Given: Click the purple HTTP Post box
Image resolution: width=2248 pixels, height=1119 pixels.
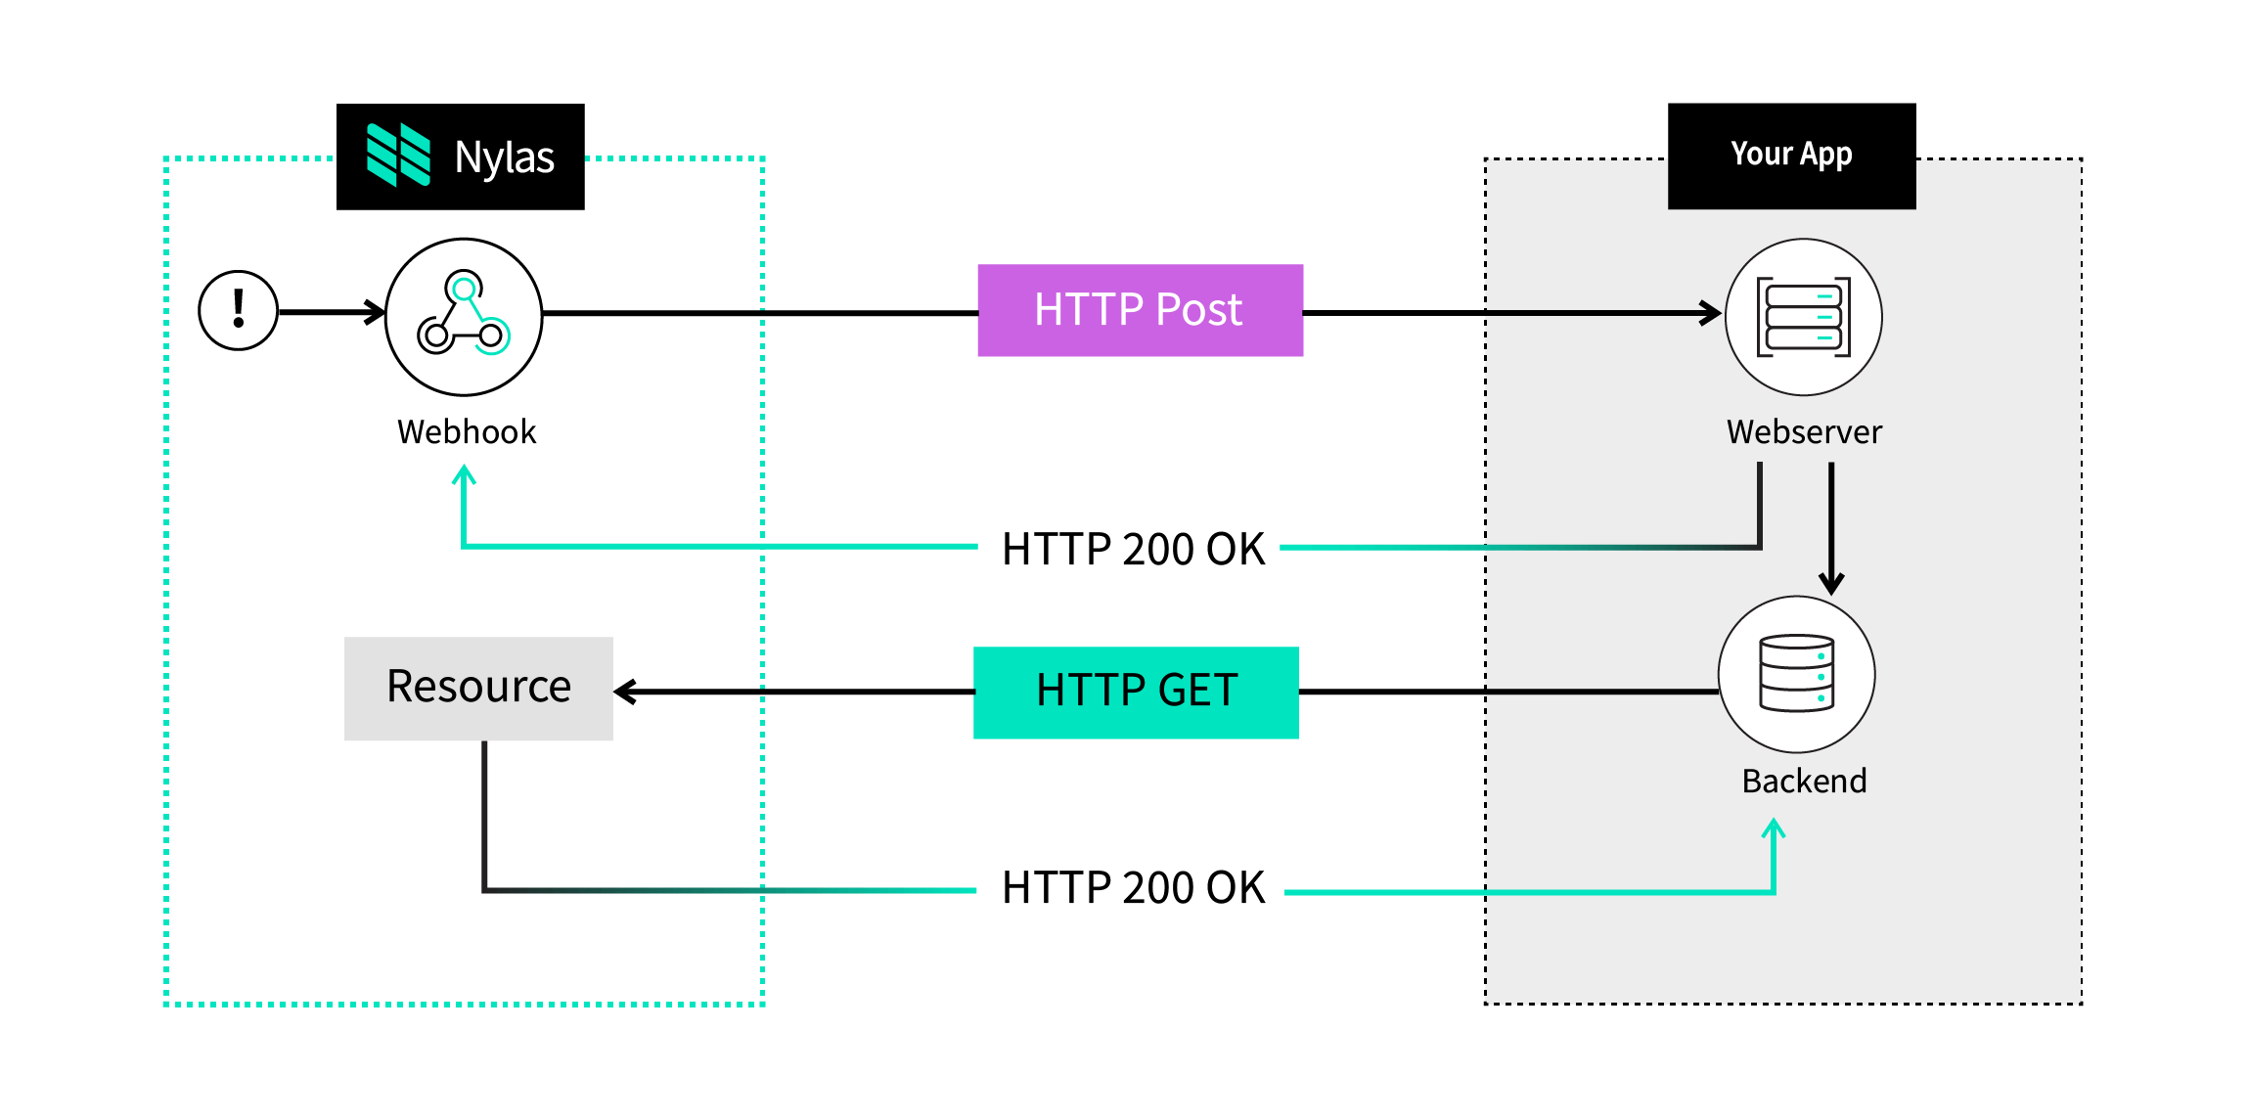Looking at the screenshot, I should tap(1140, 310).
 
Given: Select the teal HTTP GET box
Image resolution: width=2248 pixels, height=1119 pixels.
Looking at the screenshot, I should tap(1136, 693).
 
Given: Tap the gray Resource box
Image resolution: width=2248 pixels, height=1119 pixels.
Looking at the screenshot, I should tap(478, 689).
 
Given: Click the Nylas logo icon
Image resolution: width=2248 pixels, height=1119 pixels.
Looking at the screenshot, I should tap(398, 155).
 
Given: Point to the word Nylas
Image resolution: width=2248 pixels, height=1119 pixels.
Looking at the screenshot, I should tap(504, 157).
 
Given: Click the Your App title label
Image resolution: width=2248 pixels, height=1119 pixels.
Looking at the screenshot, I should tap(1791, 154).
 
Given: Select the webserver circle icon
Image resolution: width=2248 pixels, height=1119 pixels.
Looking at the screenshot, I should tap(1803, 317).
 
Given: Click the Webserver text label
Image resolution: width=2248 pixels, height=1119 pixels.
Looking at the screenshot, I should tap(1804, 431).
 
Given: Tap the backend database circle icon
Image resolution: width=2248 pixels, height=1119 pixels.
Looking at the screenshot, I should tap(1796, 674).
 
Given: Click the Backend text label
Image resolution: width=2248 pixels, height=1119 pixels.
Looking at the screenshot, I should tap(1804, 781).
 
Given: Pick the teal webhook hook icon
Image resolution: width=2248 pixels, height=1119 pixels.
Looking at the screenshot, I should tap(481, 317).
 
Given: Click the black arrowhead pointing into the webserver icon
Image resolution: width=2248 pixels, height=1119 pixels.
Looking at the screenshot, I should tap(1712, 313).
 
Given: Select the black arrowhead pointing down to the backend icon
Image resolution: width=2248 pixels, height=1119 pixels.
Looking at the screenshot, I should tap(1831, 584).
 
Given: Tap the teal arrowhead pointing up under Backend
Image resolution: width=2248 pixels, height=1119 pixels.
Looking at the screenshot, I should tap(1774, 830).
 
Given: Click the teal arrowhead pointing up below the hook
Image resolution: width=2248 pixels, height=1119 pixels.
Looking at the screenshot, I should tap(464, 475).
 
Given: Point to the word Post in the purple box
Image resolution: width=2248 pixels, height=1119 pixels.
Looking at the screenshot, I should tap(1198, 310).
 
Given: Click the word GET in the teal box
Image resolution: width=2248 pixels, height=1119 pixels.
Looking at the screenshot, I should tap(1197, 691).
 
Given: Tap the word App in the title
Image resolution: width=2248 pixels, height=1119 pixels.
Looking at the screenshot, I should tap(1825, 155).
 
